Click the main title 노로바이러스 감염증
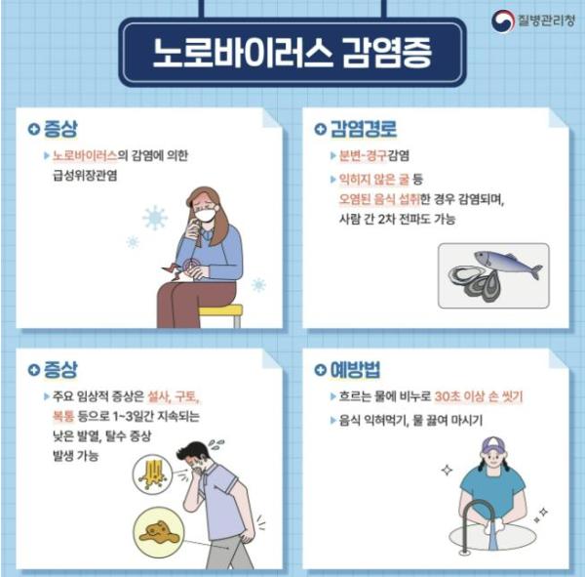pyautogui.click(x=292, y=52)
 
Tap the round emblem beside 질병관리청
pyautogui.click(x=503, y=20)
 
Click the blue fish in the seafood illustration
pyautogui.click(x=509, y=263)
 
